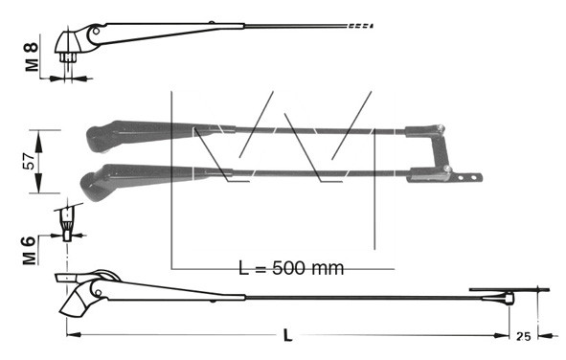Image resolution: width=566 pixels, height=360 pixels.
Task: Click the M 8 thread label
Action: pyautogui.click(x=32, y=56)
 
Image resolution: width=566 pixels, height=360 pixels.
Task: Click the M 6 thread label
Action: pyautogui.click(x=30, y=250)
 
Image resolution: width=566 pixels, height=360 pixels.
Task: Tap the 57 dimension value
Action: pyautogui.click(x=30, y=161)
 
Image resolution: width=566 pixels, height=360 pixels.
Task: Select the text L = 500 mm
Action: pyautogui.click(x=291, y=268)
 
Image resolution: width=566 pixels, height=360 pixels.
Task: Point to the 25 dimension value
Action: pyautogui.click(x=524, y=337)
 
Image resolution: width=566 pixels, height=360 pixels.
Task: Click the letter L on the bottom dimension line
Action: pyautogui.click(x=287, y=336)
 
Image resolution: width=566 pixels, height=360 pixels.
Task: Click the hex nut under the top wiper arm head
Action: pyautogui.click(x=67, y=57)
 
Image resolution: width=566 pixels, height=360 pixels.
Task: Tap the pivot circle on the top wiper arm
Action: pyautogui.click(x=96, y=31)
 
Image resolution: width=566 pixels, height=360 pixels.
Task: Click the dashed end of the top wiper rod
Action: pyautogui.click(x=360, y=26)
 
